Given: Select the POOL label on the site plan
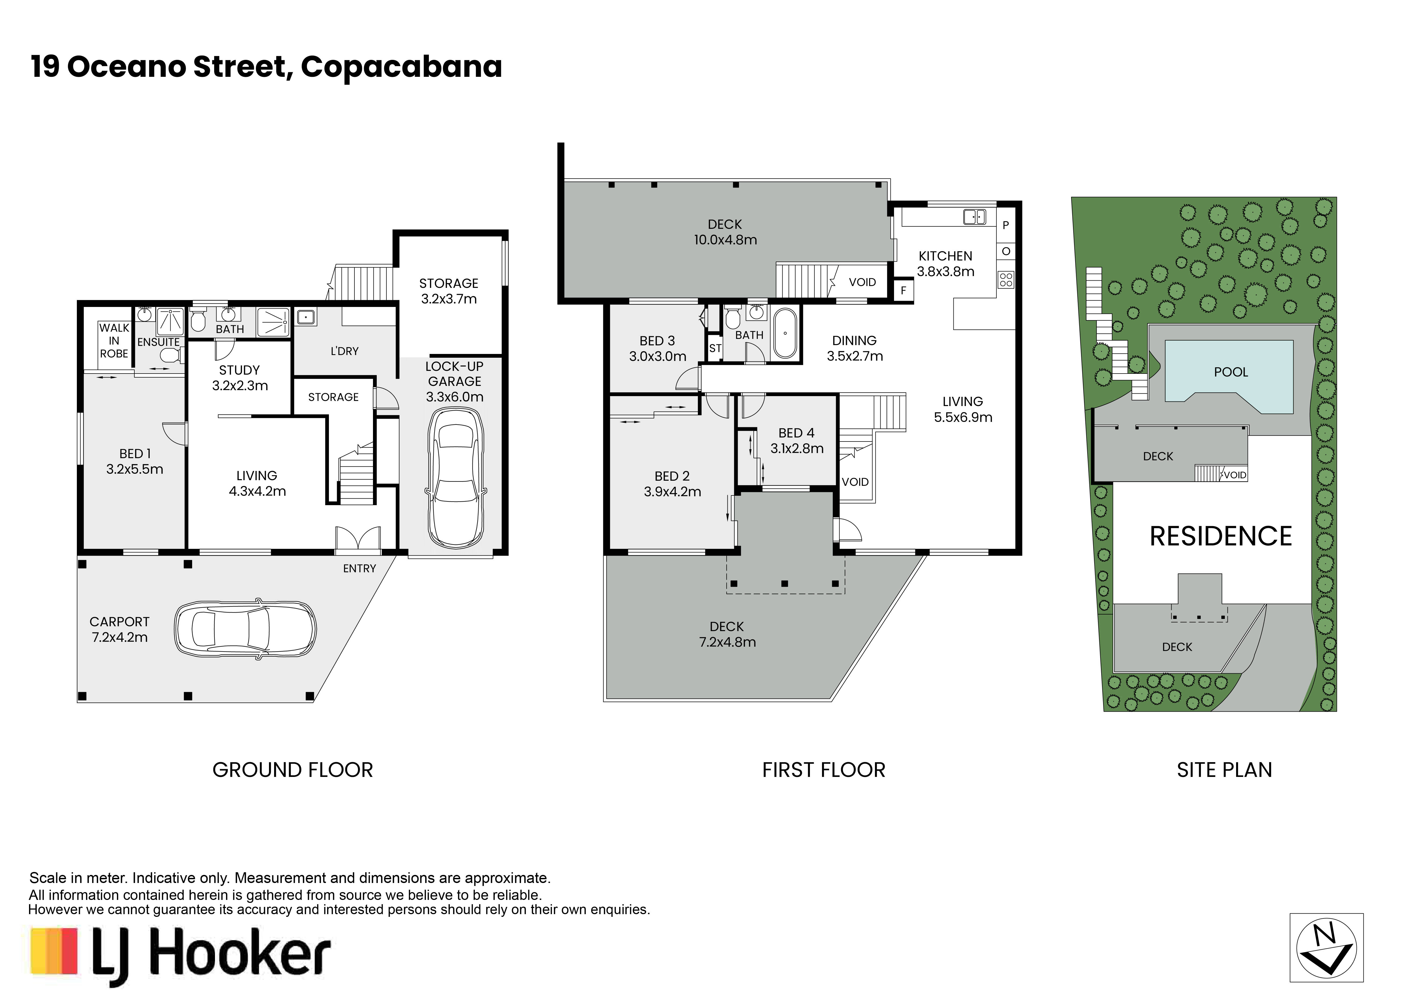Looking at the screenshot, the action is pyautogui.click(x=1230, y=372).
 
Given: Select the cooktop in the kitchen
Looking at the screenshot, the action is pyautogui.click(x=1006, y=280).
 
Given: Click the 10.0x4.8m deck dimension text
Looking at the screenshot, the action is pyautogui.click(x=726, y=240).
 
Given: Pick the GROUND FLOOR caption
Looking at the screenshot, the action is pyautogui.click(x=293, y=770).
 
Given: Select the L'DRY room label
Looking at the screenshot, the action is pyautogui.click(x=344, y=351).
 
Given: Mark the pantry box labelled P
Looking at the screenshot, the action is pyautogui.click(x=1006, y=225).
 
